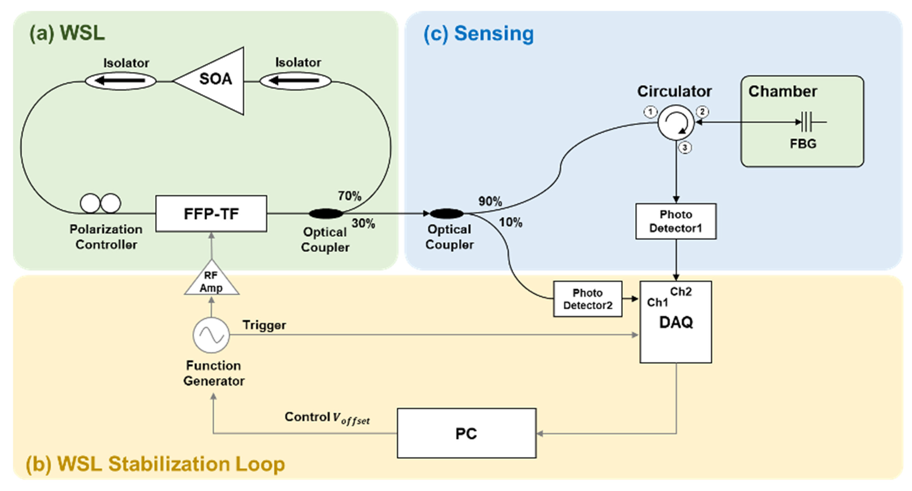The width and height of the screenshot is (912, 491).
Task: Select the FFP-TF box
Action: pos(211,214)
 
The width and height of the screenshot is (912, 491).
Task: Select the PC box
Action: pos(466,433)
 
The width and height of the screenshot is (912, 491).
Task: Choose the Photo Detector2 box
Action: pos(588,299)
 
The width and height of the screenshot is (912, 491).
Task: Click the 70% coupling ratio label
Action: pos(349,196)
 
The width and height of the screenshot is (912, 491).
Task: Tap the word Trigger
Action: pos(264,325)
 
